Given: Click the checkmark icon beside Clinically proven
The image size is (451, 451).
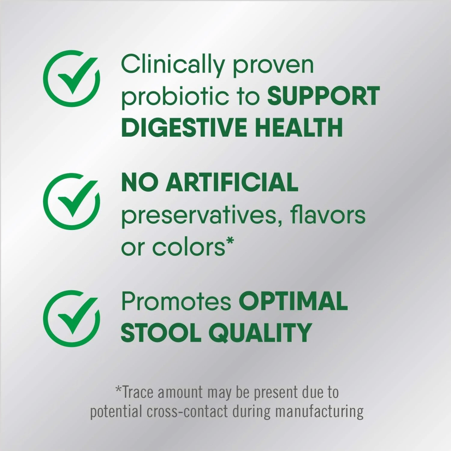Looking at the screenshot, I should click(x=71, y=79).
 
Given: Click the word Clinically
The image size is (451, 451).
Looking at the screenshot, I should click(x=173, y=65).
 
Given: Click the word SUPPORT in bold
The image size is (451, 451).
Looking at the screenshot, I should click(x=324, y=96).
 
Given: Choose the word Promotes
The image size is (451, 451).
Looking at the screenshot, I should click(x=176, y=302).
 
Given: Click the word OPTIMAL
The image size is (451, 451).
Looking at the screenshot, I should click(x=293, y=301).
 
